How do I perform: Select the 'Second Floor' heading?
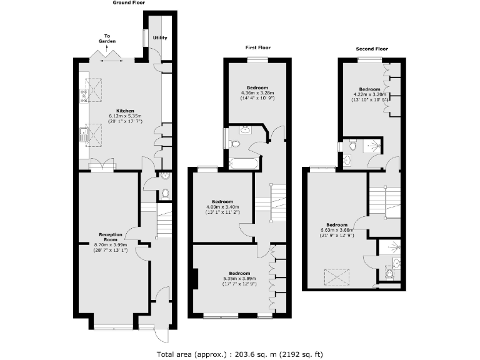point(372,48)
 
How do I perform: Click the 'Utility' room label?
point(161,38)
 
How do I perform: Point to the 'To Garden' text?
point(107,39)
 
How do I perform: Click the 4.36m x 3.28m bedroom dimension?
point(257,94)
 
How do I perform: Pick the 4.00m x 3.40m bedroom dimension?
point(222,207)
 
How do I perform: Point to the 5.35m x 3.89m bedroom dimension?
point(239,279)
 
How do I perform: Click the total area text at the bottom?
point(240,354)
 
